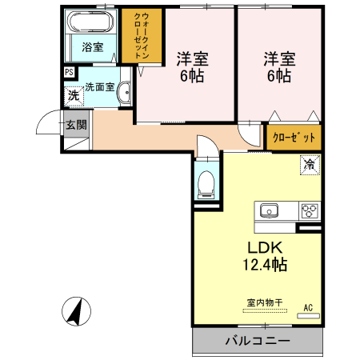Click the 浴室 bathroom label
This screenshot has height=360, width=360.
click(x=92, y=46)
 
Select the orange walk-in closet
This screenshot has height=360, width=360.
click(x=140, y=36)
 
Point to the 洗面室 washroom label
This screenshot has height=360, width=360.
click(x=100, y=86)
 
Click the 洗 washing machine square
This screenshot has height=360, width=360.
click(x=74, y=96)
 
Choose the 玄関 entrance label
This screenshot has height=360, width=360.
click(x=77, y=124)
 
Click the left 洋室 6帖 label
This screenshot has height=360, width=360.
click(x=190, y=66)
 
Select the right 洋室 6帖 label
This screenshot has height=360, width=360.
click(x=279, y=66)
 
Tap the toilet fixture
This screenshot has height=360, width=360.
click(x=206, y=182)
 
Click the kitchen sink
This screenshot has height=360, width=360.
click(x=268, y=211)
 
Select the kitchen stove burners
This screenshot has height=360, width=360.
click(x=310, y=211)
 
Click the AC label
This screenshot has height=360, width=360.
click(x=308, y=306)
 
